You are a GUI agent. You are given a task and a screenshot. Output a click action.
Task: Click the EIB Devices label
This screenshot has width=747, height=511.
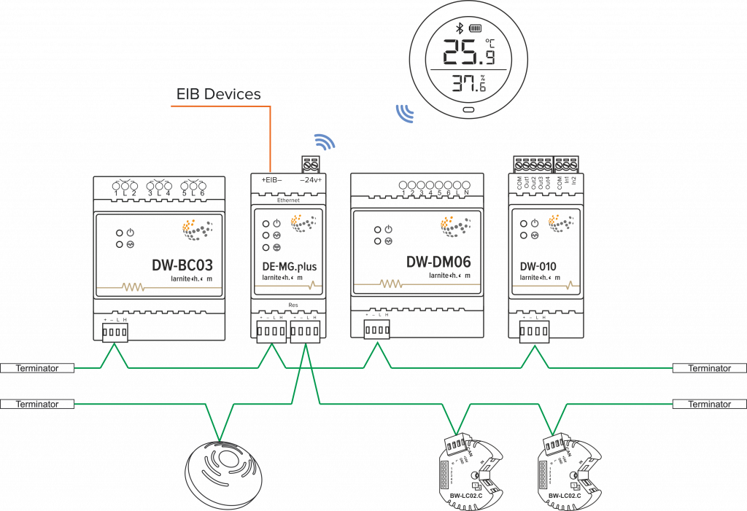tap(218, 94)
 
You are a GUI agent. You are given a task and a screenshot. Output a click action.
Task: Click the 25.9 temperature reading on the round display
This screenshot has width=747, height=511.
tap(469, 53)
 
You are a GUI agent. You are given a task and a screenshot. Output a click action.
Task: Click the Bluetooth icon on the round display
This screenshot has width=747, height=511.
tap(460, 28)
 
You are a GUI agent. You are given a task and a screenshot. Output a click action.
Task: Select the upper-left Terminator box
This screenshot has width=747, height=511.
tap(37, 369)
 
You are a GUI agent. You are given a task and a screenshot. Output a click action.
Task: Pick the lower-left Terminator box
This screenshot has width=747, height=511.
tap(37, 403)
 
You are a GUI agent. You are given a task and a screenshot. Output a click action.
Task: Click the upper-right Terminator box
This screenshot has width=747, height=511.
tap(709, 369)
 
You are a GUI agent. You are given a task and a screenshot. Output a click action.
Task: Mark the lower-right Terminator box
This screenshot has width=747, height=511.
tap(709, 403)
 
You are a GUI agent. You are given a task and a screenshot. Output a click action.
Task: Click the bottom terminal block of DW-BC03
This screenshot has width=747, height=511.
tap(115, 332)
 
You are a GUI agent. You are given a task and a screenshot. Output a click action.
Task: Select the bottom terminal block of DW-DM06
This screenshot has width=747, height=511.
tap(376, 329)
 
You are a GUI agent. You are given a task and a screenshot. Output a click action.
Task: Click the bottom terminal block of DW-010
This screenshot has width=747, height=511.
tap(534, 332)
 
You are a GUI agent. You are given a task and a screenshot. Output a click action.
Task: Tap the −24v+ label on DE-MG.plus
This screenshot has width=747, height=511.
tap(311, 179)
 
